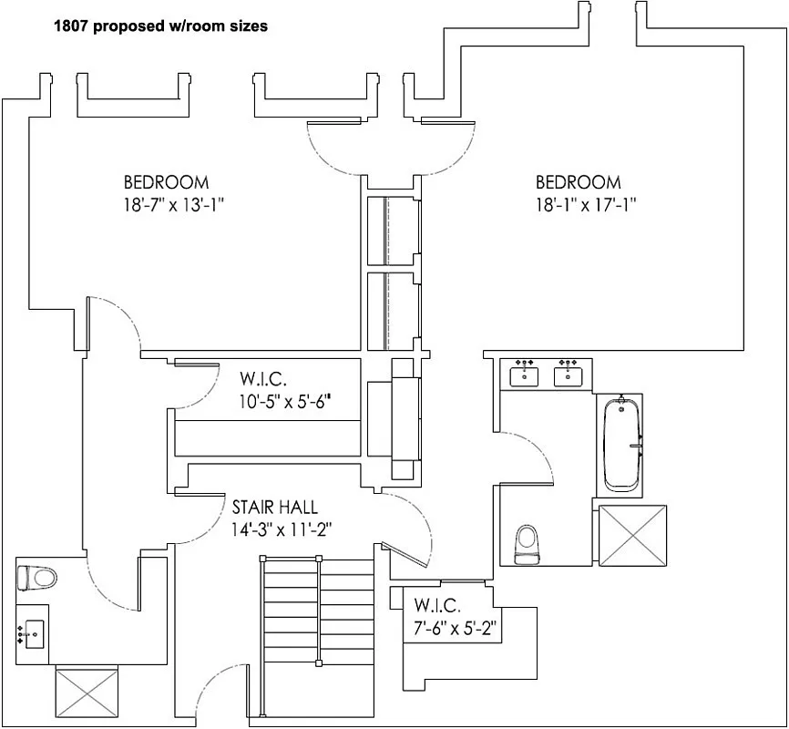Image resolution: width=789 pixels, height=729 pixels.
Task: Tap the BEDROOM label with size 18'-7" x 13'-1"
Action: [167, 182]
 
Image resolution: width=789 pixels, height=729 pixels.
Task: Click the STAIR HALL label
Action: [274, 508]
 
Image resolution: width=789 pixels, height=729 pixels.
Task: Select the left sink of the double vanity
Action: [523, 374]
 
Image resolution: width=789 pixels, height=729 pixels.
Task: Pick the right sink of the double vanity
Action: [569, 374]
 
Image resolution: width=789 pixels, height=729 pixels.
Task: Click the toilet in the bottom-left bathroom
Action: [37, 577]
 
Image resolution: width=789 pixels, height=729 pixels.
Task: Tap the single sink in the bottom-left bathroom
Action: [34, 631]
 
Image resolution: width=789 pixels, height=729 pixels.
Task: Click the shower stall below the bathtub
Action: [632, 535]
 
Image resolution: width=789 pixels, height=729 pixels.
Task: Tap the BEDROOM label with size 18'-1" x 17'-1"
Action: [578, 182]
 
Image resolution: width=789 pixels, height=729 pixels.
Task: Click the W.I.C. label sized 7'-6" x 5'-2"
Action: [437, 605]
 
